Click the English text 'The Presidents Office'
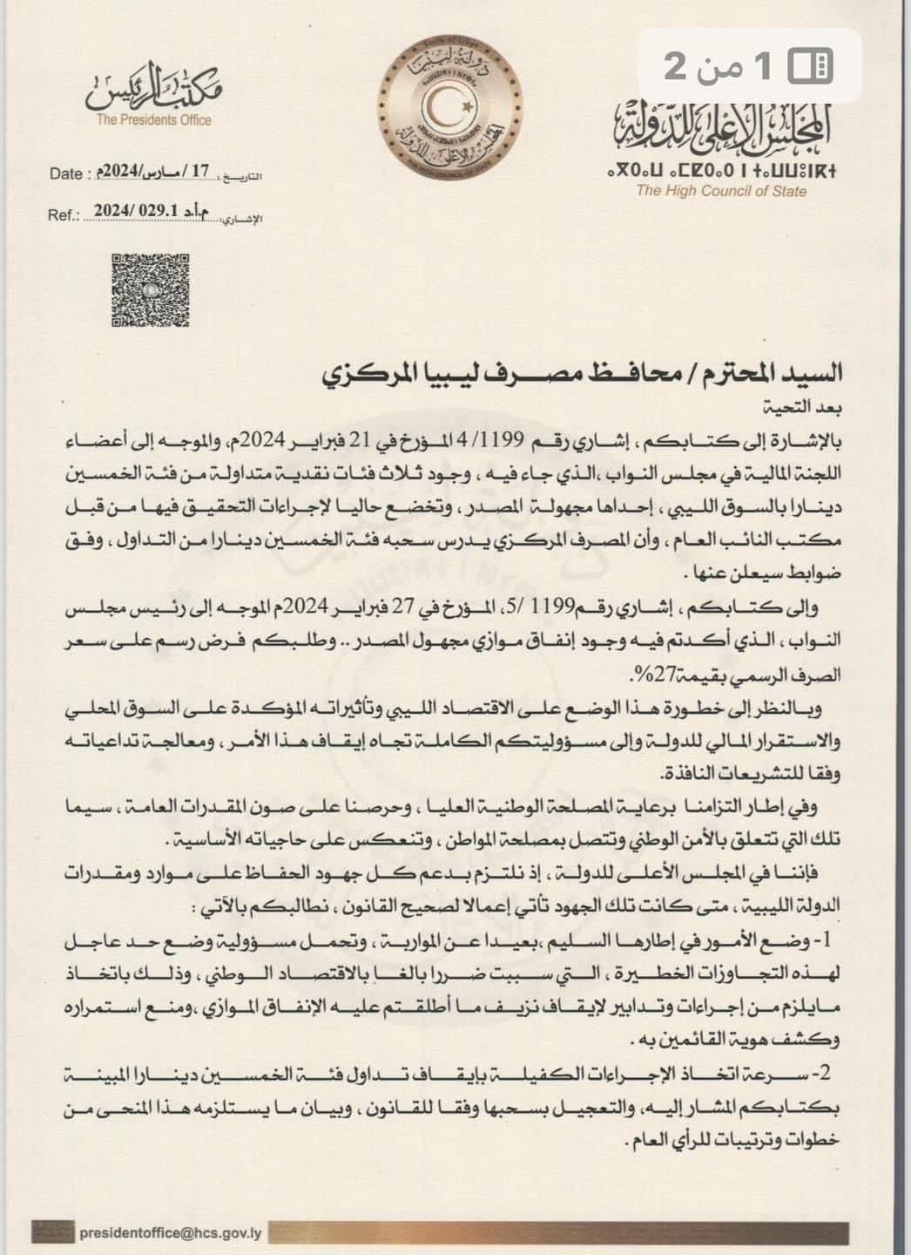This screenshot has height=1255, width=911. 154,120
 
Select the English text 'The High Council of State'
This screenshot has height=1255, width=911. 721,191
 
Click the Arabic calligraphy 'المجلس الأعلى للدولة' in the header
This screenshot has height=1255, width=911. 722,125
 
